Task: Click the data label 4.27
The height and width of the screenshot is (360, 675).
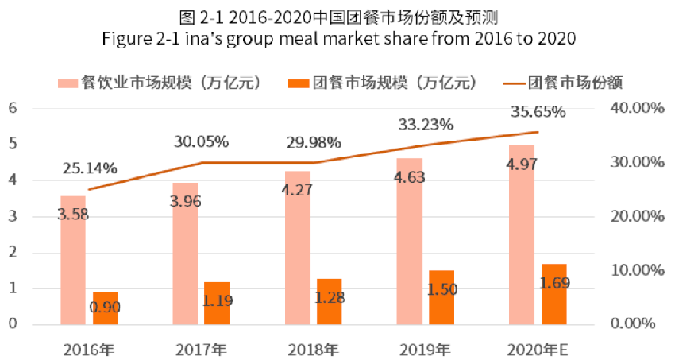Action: coord(299,191)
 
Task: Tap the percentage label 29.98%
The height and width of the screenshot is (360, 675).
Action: coord(314,143)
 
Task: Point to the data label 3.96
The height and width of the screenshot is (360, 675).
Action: coord(185,201)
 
